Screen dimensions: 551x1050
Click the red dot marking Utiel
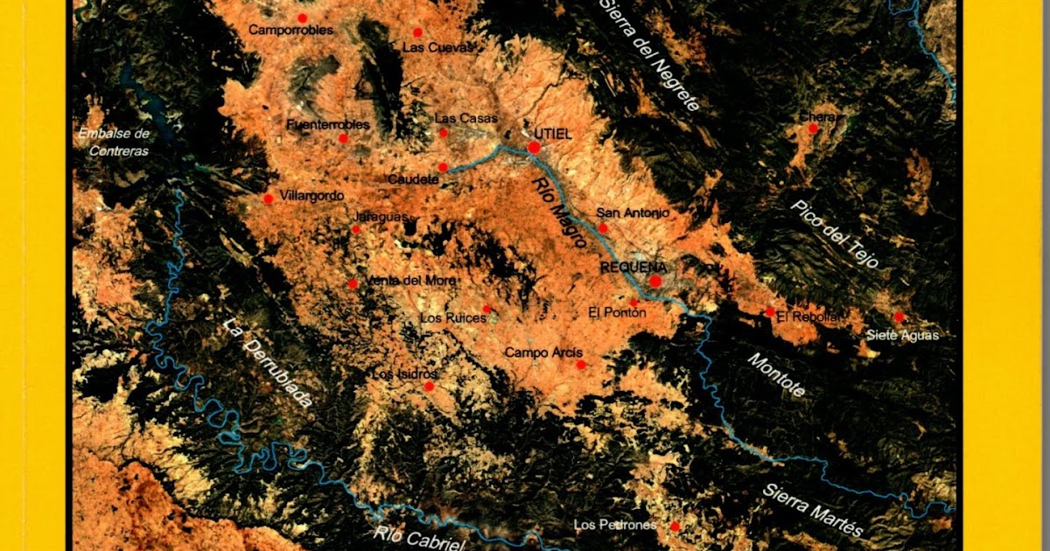pos(534,148)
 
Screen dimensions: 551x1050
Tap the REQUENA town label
pos(633,267)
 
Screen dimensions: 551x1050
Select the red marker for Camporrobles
pos(303,17)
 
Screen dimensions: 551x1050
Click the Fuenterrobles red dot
pos(344,138)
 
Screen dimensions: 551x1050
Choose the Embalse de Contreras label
pos(114,142)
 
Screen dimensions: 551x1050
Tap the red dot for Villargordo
pos(269,199)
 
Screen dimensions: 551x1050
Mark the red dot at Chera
pos(813,128)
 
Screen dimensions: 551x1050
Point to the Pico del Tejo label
pos(835,234)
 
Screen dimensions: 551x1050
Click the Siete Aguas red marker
pos(899,317)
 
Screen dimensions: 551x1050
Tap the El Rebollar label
pos(808,317)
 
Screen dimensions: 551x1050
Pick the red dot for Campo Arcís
pos(580,365)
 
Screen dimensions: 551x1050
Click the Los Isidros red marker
pos(429,386)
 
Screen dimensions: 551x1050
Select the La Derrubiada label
pos(267,363)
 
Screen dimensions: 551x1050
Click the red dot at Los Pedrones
pos(675,526)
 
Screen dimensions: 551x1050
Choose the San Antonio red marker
pos(602,227)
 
